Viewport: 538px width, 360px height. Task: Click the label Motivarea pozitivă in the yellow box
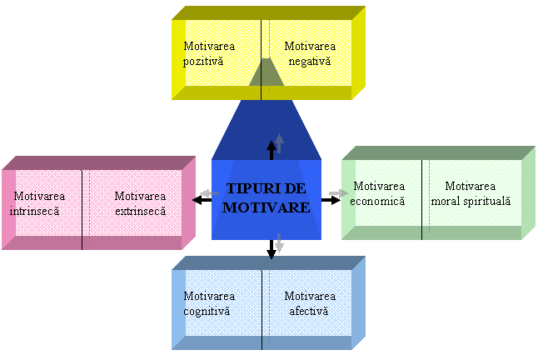(x=204, y=54)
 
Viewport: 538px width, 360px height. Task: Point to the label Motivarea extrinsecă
(x=138, y=203)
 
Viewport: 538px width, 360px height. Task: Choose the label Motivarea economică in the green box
(x=379, y=193)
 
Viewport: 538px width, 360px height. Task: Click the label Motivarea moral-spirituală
(x=470, y=193)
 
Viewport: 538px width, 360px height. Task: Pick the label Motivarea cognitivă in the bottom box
(x=208, y=303)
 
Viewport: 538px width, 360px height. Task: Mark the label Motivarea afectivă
(x=309, y=303)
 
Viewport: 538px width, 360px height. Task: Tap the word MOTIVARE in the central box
(x=266, y=207)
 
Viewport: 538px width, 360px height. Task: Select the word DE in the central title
(x=295, y=189)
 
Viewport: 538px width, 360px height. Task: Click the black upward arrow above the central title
(x=271, y=149)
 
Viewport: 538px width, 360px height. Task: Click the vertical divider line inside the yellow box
(x=261, y=54)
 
